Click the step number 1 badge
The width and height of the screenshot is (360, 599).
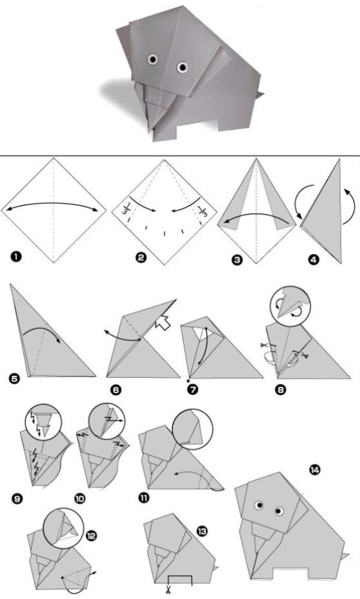tap(16, 257)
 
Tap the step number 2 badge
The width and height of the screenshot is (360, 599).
tap(141, 258)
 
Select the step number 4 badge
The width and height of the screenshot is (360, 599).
tap(313, 261)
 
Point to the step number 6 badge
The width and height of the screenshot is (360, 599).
tap(115, 390)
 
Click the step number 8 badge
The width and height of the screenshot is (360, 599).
tap(281, 390)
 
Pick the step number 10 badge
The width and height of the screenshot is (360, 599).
tap(80, 498)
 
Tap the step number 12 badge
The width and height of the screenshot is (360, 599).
tap(91, 535)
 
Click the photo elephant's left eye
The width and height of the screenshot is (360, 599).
tap(153, 59)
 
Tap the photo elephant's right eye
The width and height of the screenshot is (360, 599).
tap(182, 68)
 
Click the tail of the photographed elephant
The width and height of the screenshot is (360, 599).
tap(260, 94)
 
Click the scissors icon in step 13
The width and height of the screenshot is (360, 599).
tap(167, 589)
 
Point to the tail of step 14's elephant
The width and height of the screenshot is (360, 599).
tap(346, 555)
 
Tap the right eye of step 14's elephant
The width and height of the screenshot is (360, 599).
tap(278, 510)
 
